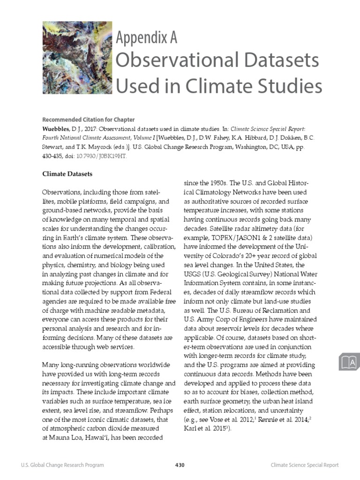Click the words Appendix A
pyautogui.click(x=146, y=37)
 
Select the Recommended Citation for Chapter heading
pyautogui.click(x=88, y=120)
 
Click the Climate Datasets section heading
pyautogui.click(x=67, y=174)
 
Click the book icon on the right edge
pyautogui.click(x=348, y=362)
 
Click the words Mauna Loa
pyautogui.click(x=65, y=438)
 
